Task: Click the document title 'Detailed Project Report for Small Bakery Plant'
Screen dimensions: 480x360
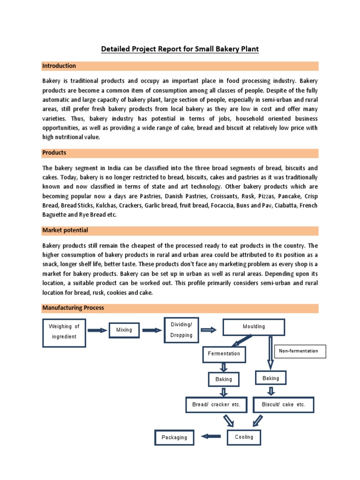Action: coord(180,49)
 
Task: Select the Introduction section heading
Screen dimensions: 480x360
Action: coord(59,66)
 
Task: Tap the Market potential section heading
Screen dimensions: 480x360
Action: coord(65,230)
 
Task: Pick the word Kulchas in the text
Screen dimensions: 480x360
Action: coord(104,205)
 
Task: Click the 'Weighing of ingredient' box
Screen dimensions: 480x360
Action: coord(64,332)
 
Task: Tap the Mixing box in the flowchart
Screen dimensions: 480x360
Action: coord(124,330)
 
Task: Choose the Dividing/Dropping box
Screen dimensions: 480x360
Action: coord(181,330)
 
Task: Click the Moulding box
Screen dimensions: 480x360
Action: coord(254,327)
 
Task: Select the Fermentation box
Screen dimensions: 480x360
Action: coord(224,354)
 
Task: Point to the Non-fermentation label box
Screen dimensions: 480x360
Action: coord(298,351)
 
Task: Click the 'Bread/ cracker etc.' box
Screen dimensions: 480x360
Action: coord(216,405)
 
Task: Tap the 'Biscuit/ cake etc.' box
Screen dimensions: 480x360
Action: coord(284,405)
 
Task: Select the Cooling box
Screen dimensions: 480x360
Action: coord(244,437)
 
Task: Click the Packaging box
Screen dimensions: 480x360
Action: coord(174,437)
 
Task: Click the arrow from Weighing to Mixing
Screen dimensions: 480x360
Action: coord(97,330)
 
